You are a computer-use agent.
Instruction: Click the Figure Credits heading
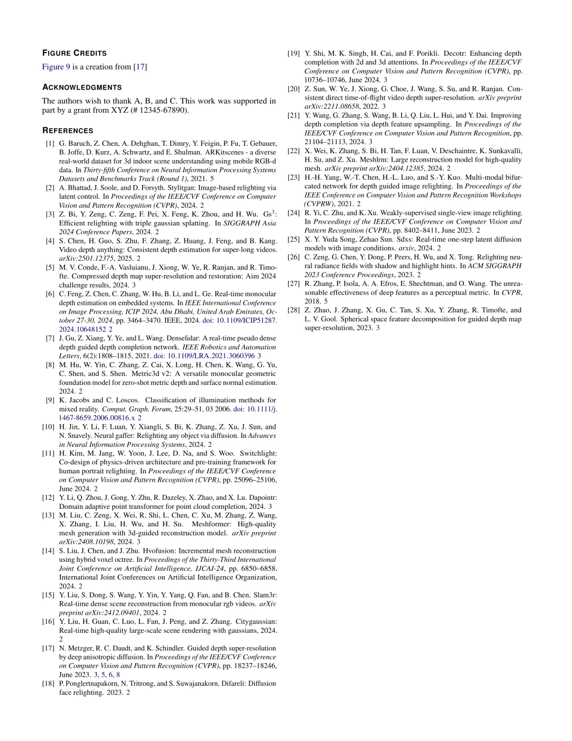tap(74, 53)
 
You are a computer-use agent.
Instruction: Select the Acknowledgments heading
tap(82, 87)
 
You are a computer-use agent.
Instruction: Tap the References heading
tap(68, 130)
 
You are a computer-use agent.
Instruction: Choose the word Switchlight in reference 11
tap(257, 453)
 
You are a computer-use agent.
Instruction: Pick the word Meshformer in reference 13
tap(211, 524)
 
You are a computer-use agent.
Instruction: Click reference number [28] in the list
tap(293, 310)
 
